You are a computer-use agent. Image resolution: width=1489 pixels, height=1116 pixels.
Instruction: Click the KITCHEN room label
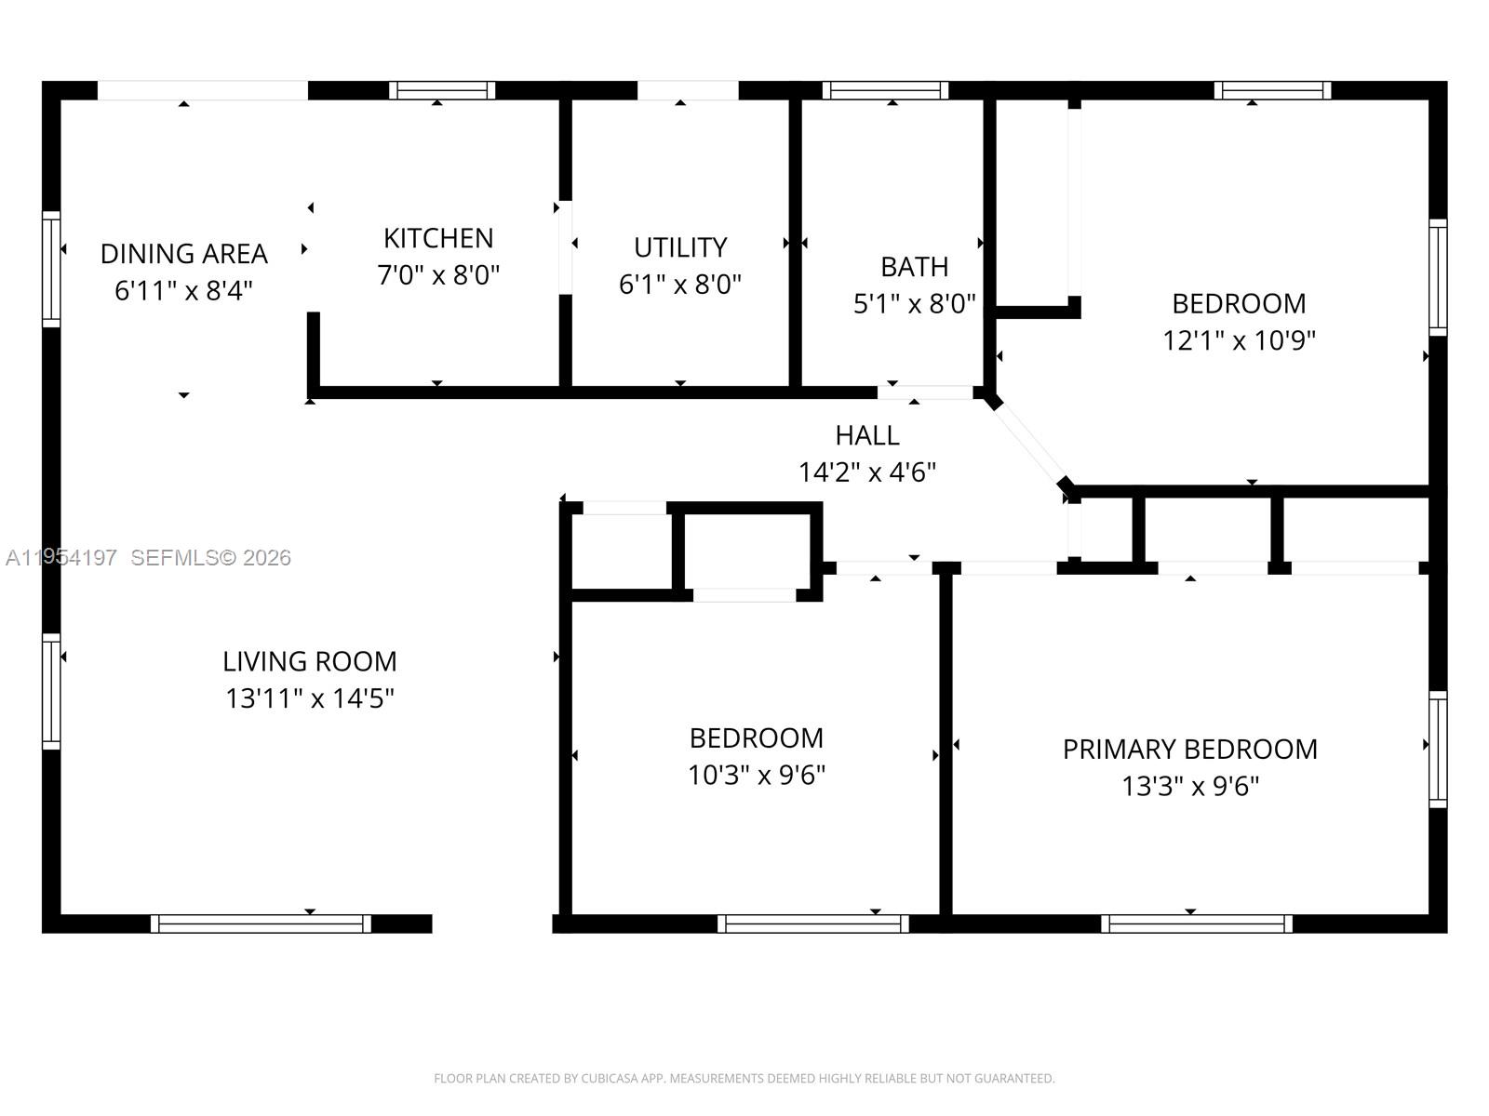[x=438, y=238]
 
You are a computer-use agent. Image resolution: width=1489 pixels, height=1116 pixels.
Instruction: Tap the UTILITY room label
[x=680, y=247]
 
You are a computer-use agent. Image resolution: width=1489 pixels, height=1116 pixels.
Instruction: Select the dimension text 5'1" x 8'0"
[x=914, y=303]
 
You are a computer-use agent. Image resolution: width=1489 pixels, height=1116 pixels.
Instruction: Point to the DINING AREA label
[x=183, y=253]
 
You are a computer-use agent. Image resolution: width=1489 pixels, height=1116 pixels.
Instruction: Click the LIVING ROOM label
[x=309, y=661]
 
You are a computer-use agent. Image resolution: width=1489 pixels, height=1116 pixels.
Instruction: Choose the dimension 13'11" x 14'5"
[x=309, y=698]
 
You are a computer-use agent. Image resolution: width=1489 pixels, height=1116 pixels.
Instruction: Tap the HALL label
[x=866, y=435]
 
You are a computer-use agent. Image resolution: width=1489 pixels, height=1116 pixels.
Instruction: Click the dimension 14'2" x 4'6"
[x=866, y=472]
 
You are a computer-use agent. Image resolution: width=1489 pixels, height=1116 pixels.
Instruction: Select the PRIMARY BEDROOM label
[x=1189, y=749]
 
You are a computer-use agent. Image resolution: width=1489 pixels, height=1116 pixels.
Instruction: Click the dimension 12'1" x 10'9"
[x=1238, y=340]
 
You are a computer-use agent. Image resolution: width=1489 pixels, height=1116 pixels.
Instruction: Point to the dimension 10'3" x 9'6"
[x=756, y=775]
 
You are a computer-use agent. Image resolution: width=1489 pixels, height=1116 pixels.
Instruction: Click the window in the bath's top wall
[x=885, y=90]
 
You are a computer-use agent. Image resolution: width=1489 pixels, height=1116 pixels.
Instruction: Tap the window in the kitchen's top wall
[x=441, y=90]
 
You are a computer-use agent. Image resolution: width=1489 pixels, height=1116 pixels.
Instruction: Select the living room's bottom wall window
[x=261, y=923]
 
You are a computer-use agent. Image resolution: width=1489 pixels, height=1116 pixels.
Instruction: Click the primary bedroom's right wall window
[x=1438, y=749]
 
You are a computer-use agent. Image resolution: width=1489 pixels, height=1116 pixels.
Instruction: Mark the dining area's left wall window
[x=51, y=269]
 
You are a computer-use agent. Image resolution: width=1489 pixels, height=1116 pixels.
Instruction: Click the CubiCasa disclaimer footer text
[x=744, y=1078]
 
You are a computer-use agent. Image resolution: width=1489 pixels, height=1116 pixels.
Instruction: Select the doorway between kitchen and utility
[x=565, y=247]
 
